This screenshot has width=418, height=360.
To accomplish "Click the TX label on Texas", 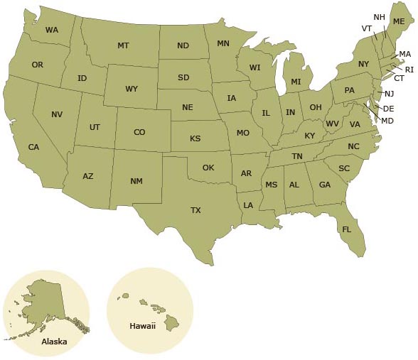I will [x=195, y=210].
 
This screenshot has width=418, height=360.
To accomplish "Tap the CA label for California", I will [x=33, y=147].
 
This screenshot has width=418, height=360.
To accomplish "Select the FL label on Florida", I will [x=347, y=229].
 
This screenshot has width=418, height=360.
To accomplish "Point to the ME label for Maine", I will [x=399, y=22].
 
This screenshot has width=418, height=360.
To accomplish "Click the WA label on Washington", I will [x=52, y=30].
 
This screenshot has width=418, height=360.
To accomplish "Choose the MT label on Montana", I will [x=123, y=45].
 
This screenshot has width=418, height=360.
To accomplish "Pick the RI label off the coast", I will [x=409, y=69].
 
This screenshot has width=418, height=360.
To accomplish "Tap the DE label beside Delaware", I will [x=388, y=109].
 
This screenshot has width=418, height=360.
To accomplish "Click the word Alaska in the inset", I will [x=54, y=342].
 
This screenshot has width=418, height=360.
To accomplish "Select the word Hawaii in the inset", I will [x=142, y=326].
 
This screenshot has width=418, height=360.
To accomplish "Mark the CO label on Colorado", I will [x=139, y=132].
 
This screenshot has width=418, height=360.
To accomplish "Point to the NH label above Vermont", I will [x=379, y=16].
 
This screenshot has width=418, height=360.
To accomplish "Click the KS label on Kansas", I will [x=195, y=138].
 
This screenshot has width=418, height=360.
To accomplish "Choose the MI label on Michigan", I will [x=296, y=82].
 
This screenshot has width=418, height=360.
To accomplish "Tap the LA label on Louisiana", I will [x=248, y=205].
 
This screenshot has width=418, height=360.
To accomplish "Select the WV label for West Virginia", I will [x=332, y=124].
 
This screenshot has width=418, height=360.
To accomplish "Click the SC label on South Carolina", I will [x=344, y=168].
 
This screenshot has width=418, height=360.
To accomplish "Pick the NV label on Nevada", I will [x=57, y=114].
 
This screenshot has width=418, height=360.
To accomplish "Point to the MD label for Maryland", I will [x=387, y=121].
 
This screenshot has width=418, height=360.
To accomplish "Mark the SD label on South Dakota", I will [x=183, y=77].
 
